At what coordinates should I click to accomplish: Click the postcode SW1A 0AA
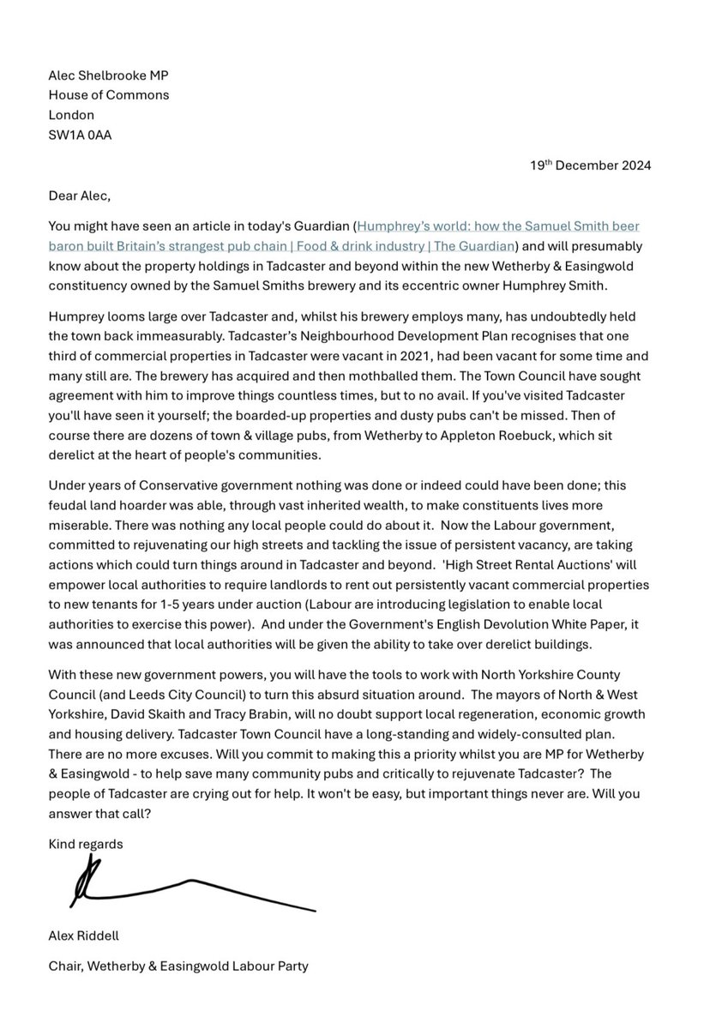80,135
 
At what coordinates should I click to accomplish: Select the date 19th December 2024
591,165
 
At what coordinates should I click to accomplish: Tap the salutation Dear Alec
80,196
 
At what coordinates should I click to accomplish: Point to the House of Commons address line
109,95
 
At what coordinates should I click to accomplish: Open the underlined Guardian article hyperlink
343,235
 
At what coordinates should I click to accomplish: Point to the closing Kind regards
86,844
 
